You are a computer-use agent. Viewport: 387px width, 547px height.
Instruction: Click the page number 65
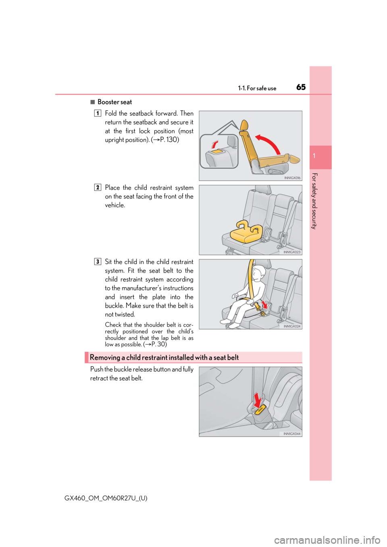(302, 87)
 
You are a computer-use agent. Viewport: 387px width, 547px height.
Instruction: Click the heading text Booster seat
(114, 102)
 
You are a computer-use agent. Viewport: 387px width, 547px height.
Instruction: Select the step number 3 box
(98, 261)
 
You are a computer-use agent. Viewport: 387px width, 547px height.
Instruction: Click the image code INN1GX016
(292, 178)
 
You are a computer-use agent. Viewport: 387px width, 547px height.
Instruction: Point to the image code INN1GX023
(292, 252)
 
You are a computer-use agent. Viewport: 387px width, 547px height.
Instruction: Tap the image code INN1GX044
(292, 434)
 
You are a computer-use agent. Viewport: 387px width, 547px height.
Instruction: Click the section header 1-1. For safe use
(257, 88)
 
